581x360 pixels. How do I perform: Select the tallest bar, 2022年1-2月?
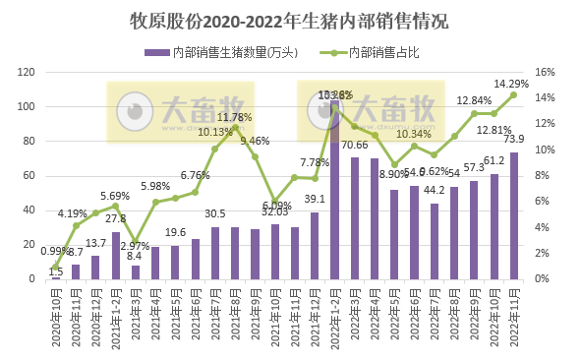click(x=335, y=189)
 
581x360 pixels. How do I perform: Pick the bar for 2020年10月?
click(x=56, y=277)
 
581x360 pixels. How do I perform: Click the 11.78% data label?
click(x=235, y=117)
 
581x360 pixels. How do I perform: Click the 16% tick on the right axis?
click(x=546, y=73)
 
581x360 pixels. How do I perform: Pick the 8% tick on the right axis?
click(x=546, y=176)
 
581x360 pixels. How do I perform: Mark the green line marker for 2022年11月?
click(x=513, y=95)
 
